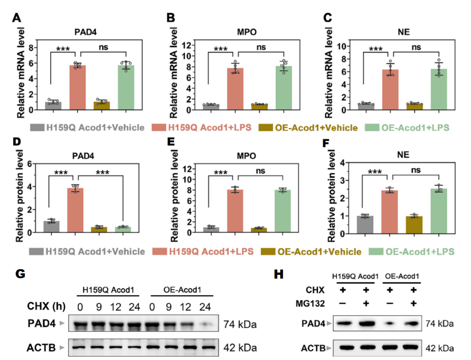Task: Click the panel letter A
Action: tap(16, 18)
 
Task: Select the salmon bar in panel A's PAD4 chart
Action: tap(78, 87)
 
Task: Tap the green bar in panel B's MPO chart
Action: tap(284, 88)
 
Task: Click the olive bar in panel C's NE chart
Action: tap(415, 107)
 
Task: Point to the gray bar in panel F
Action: tap(365, 224)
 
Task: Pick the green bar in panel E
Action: tap(283, 211)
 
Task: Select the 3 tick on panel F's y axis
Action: tap(342, 180)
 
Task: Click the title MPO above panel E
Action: tap(246, 156)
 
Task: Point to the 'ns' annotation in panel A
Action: tap(103, 47)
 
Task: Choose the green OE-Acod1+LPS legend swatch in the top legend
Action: tap(372, 128)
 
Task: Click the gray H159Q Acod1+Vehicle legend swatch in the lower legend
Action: tap(36, 251)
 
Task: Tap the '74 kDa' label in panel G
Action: tap(240, 325)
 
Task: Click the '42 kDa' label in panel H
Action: tap(440, 348)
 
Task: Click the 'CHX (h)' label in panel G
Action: tap(46, 306)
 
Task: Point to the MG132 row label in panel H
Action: tap(310, 304)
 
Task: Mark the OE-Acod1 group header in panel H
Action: tap(402, 276)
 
